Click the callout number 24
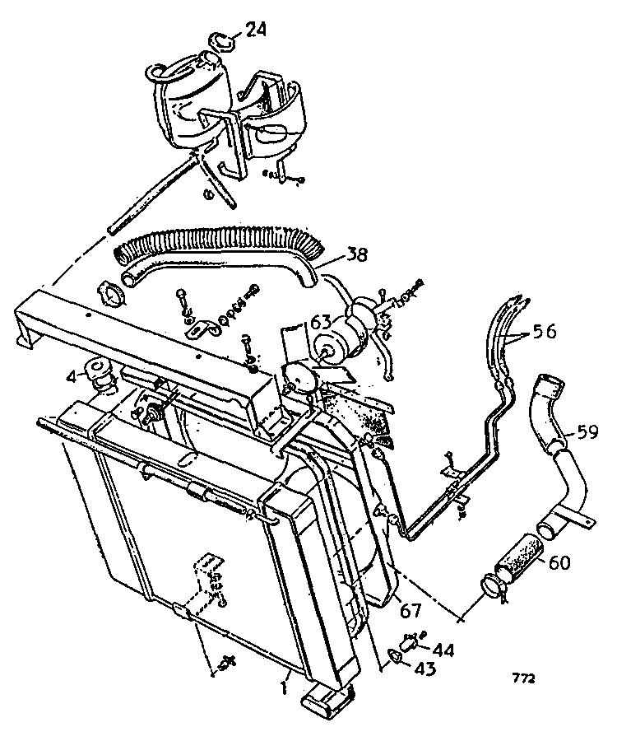point(255,30)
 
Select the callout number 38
point(355,255)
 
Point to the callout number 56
point(545,331)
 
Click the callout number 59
point(587,431)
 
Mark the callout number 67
point(410,611)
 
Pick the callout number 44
point(443,650)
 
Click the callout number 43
point(424,669)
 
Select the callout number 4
point(72,378)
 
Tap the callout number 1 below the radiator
point(283,687)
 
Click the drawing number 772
point(523,678)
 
